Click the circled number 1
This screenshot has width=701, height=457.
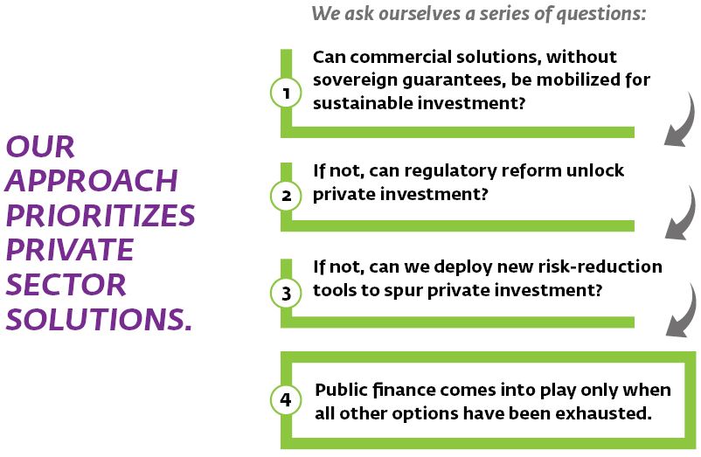[286, 93]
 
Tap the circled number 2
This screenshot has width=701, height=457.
[286, 195]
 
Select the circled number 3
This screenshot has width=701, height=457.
[286, 293]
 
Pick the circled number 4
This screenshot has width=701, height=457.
[286, 399]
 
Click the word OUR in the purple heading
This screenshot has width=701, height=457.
[40, 147]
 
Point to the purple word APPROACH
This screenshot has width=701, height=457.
[92, 181]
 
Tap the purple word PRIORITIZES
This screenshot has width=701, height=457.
[101, 215]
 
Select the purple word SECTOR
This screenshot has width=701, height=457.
[66, 285]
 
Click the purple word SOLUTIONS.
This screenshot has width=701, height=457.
[99, 319]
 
